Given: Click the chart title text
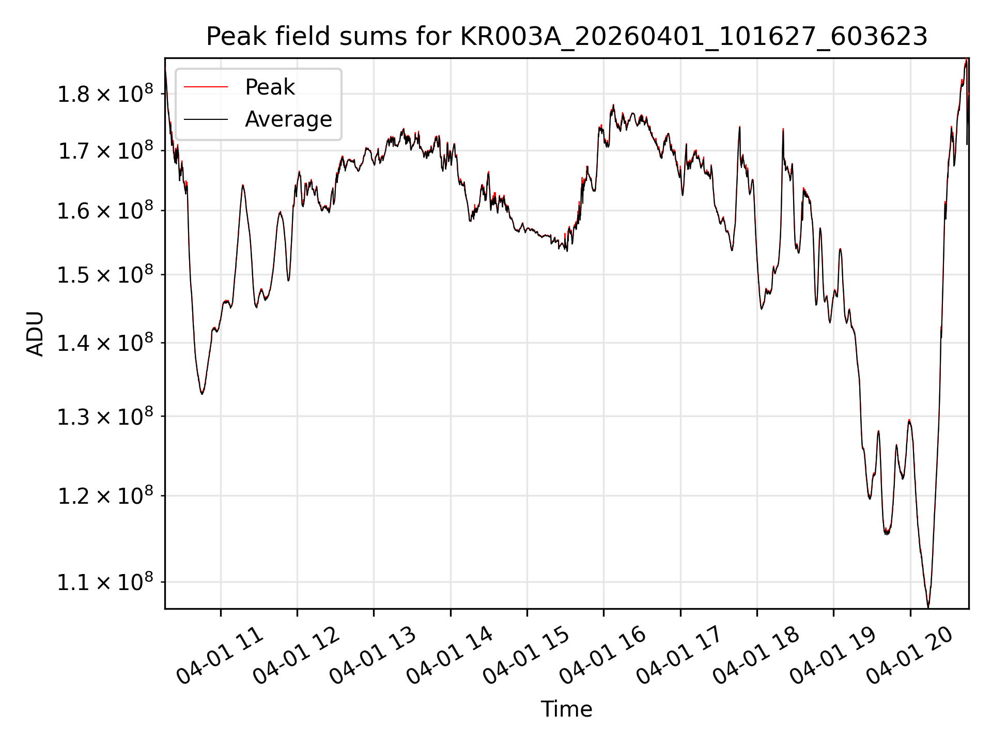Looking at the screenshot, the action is pos(567,37).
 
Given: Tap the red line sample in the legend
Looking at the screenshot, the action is pos(206,87).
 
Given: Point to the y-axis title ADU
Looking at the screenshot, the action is pos(35,334).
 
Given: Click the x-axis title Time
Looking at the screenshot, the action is pos(566,709).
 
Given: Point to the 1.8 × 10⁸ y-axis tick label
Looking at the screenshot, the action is pos(105,94).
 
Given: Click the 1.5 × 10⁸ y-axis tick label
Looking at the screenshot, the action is pos(105,275).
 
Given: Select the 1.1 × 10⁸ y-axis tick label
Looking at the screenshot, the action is pos(105,582).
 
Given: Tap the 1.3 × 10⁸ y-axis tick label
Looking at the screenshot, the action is pos(105,416).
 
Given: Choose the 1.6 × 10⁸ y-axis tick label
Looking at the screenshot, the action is pos(105,211).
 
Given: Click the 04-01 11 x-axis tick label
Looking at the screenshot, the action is pos(220,655).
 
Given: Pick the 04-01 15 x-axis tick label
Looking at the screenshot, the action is pos(526,655).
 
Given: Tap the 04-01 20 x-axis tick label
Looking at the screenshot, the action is pos(910,655).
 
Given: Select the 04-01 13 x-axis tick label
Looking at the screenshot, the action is pos(373,655).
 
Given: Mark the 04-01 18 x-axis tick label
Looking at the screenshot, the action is pos(756,655).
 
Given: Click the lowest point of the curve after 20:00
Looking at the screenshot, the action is pos(928,607).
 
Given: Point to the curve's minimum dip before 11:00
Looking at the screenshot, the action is pos(202,394).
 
